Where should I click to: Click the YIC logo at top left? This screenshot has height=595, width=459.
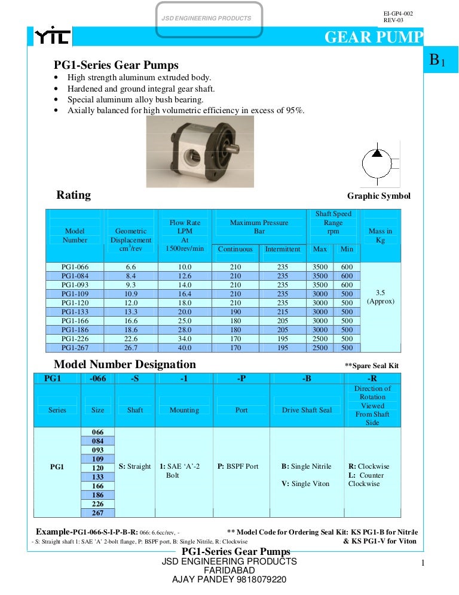[53, 38]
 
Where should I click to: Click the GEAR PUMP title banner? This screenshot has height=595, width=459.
[373, 38]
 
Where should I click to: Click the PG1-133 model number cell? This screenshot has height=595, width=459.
[75, 312]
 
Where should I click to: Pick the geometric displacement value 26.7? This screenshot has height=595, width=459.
[131, 348]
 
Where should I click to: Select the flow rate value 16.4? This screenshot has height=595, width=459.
[185, 294]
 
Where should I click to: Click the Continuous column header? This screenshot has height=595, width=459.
[235, 249]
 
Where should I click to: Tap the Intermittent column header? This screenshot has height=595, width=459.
[283, 249]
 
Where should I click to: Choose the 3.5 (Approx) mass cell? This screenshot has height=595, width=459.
[380, 297]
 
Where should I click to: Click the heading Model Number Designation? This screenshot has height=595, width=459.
[125, 365]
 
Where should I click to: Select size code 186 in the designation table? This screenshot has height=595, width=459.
[97, 495]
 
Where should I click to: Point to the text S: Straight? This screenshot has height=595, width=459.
[135, 466]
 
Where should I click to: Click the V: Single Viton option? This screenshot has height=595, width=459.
[305, 484]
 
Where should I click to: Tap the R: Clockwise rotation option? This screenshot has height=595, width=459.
[369, 466]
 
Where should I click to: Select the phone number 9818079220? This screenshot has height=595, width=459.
[258, 579]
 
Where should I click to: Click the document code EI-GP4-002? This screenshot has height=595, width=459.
[398, 13]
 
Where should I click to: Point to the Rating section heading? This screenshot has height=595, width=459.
[74, 195]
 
